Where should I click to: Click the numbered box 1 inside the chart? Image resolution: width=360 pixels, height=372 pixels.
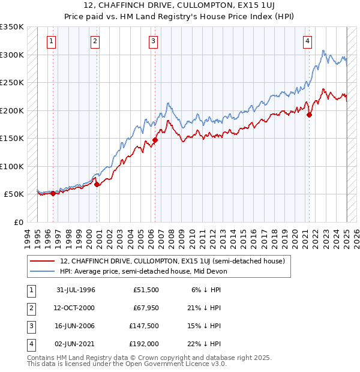(52, 41)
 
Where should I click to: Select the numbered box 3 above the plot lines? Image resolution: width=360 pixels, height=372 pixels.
(154, 41)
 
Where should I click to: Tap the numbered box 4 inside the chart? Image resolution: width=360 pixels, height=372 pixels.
(307, 41)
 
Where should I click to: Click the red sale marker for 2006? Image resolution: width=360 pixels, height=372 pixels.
(155, 140)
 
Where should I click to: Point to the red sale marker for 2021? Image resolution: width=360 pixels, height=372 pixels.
(309, 115)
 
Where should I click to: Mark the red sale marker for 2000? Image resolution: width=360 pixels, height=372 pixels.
(97, 184)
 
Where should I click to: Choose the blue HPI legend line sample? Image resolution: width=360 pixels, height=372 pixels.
(43, 271)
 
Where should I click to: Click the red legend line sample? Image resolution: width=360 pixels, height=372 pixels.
(43, 261)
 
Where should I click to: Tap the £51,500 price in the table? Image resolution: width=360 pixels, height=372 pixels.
(146, 290)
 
